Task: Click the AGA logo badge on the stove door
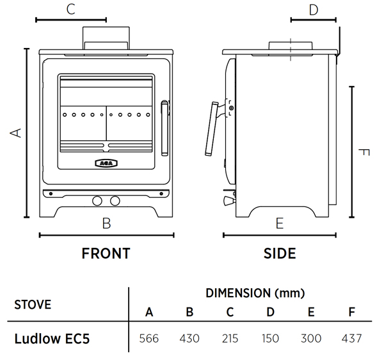(x=106, y=162)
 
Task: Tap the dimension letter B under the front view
(x=107, y=224)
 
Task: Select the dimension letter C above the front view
(x=71, y=9)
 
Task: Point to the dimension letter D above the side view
(x=313, y=10)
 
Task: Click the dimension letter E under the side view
(x=279, y=224)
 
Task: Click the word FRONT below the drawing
(x=106, y=254)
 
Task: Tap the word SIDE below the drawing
(x=280, y=254)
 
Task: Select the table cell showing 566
(x=149, y=338)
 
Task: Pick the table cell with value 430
(x=189, y=338)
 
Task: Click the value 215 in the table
(x=230, y=338)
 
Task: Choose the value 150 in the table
(x=270, y=338)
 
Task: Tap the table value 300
(x=311, y=338)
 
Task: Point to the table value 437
(x=351, y=338)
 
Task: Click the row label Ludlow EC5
(x=51, y=338)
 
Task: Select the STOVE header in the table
(x=33, y=304)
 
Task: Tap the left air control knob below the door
(x=97, y=200)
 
